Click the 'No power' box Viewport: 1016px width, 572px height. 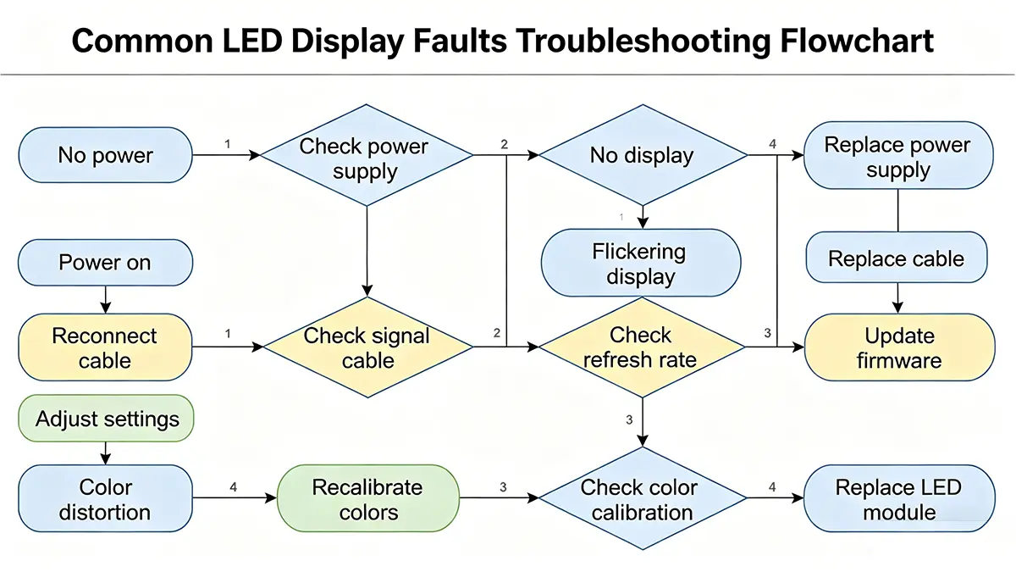(106, 155)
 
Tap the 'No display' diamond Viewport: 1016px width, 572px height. (642, 155)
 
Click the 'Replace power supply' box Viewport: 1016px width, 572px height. (897, 156)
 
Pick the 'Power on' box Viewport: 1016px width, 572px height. (106, 262)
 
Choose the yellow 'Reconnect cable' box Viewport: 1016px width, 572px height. (106, 347)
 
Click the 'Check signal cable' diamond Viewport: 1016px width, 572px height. (367, 347)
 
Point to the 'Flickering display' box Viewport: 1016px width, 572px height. (641, 263)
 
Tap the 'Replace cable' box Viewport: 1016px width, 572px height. (897, 259)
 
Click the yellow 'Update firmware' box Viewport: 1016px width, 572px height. (899, 347)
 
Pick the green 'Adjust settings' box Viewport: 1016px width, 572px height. (107, 419)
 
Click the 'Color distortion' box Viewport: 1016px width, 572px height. (106, 499)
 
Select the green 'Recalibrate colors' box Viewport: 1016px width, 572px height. (367, 499)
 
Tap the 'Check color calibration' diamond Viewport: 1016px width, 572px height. (642, 499)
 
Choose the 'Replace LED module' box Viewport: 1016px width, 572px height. (898, 499)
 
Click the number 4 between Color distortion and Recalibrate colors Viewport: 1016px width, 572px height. (233, 487)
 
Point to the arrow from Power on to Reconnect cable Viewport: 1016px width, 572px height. (106, 298)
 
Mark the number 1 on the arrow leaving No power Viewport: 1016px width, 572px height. (227, 144)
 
